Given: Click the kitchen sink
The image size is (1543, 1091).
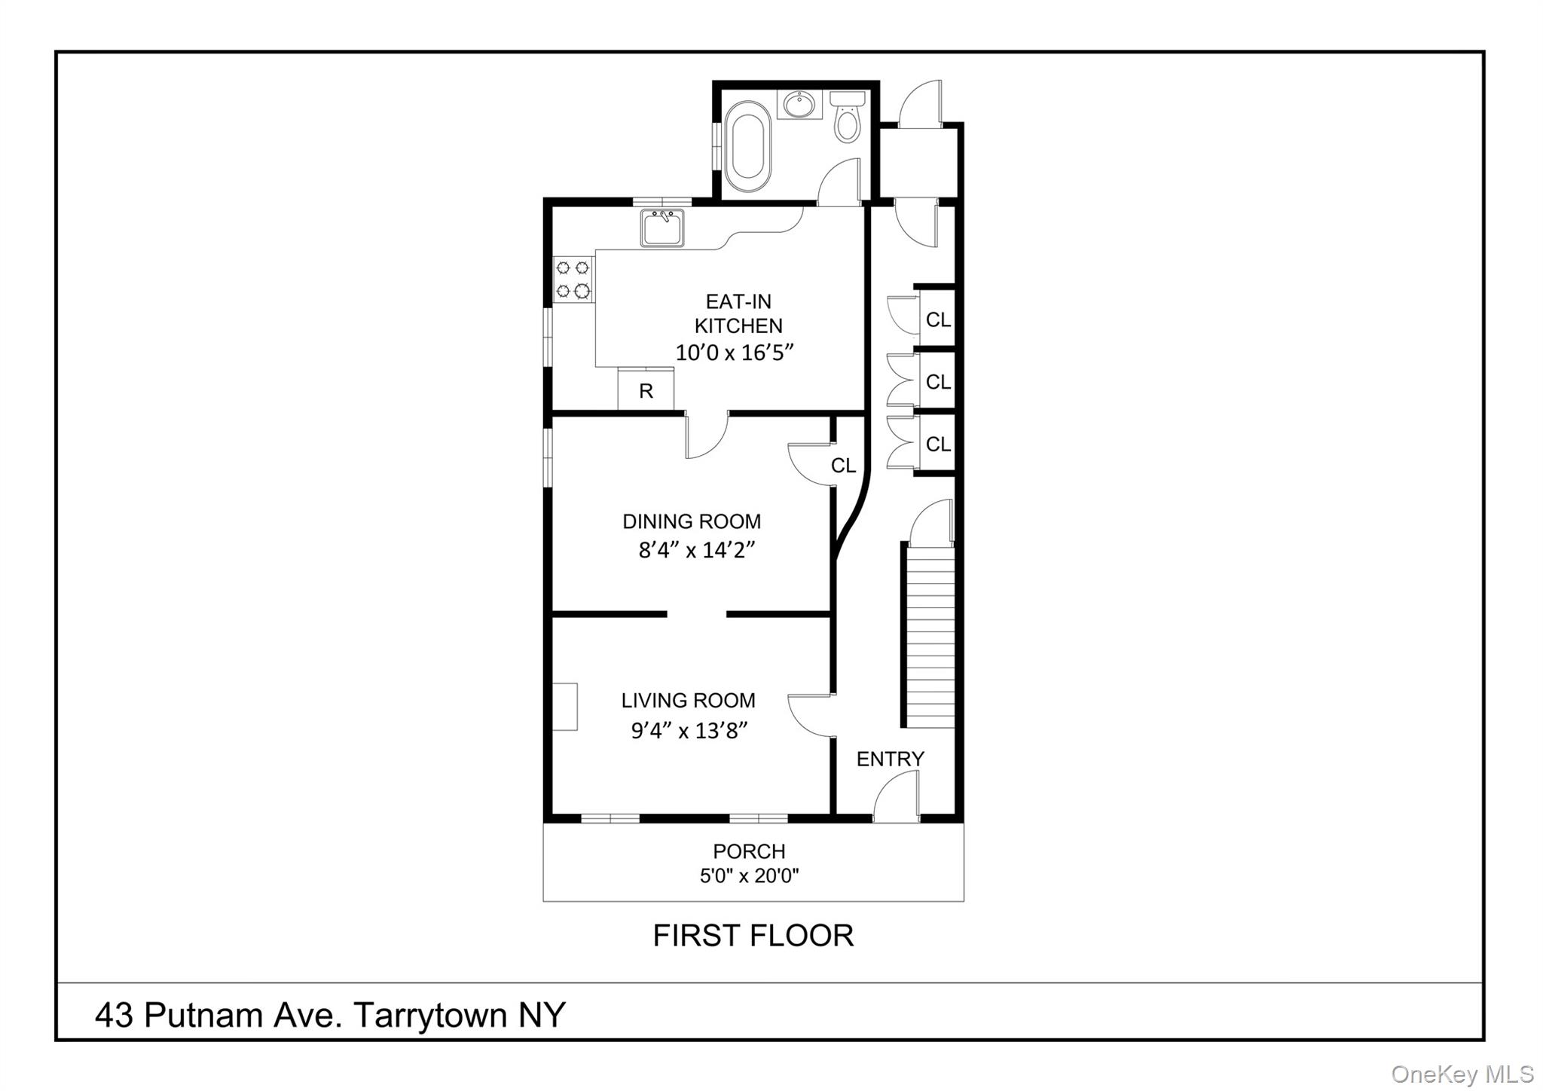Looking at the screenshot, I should point(662,228).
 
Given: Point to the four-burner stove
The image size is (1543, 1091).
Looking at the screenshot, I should point(573,279).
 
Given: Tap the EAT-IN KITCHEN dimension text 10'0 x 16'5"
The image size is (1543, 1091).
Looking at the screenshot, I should point(735,353).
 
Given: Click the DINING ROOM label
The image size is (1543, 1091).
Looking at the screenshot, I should point(691,521).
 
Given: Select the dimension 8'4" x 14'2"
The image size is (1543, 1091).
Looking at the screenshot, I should point(696,551).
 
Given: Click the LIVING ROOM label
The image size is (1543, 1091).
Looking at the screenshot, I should point(688,701).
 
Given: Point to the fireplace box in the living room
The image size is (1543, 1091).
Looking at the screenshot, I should point(565,706).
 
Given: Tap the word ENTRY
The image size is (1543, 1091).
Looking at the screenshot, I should point(890,759).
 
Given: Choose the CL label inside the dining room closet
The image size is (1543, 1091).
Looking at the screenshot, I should point(843,466).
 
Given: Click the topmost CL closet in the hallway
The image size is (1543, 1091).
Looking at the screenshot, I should point(938,320).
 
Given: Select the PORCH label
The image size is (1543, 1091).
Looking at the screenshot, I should point(749,851).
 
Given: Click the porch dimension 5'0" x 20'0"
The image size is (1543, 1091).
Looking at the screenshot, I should point(749,876).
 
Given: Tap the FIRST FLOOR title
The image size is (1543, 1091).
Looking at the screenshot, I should point(753,936).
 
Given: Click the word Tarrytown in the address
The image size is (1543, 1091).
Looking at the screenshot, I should point(430,1016).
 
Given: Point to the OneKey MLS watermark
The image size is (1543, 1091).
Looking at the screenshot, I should point(1462,1074).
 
